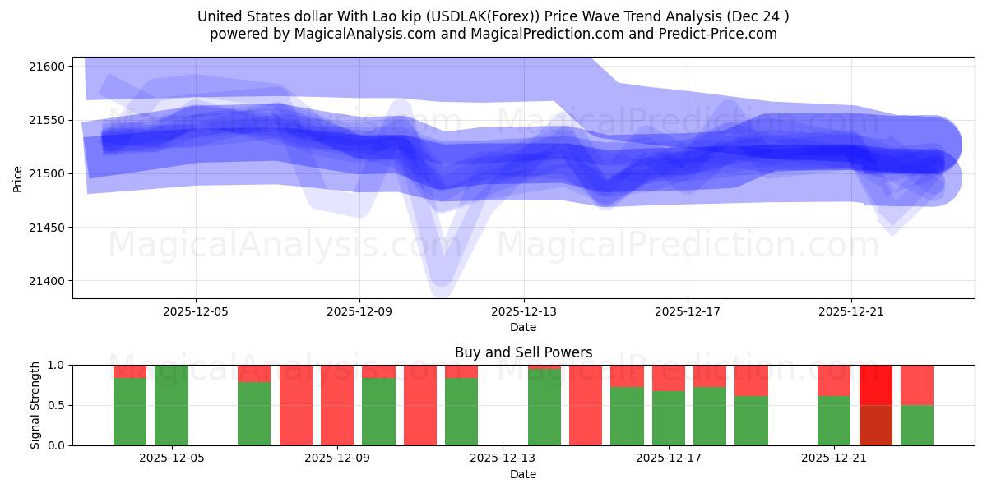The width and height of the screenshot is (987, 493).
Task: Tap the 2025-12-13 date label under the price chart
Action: [x=523, y=312]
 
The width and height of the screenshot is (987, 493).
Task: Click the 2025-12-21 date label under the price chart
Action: [x=851, y=312]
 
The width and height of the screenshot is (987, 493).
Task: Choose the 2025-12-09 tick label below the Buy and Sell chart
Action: [x=337, y=458]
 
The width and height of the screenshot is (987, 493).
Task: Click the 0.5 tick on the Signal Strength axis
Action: [x=57, y=405]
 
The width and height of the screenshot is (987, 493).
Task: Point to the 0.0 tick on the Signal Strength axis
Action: [x=57, y=445]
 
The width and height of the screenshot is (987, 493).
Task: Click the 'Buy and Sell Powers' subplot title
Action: [x=523, y=352]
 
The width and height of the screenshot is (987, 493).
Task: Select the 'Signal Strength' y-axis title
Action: [x=35, y=405]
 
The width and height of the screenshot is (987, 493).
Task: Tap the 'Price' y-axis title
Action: [x=18, y=177]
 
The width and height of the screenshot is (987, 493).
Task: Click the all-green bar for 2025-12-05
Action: [x=171, y=405]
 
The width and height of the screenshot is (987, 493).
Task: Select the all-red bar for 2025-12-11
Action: [x=419, y=405]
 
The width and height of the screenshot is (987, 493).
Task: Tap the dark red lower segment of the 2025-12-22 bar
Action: [x=875, y=425]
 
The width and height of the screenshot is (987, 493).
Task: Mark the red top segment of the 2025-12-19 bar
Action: [x=751, y=380]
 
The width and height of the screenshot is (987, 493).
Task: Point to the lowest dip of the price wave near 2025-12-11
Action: [x=441, y=283]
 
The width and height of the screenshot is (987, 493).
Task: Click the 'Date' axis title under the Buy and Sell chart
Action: [x=523, y=474]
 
